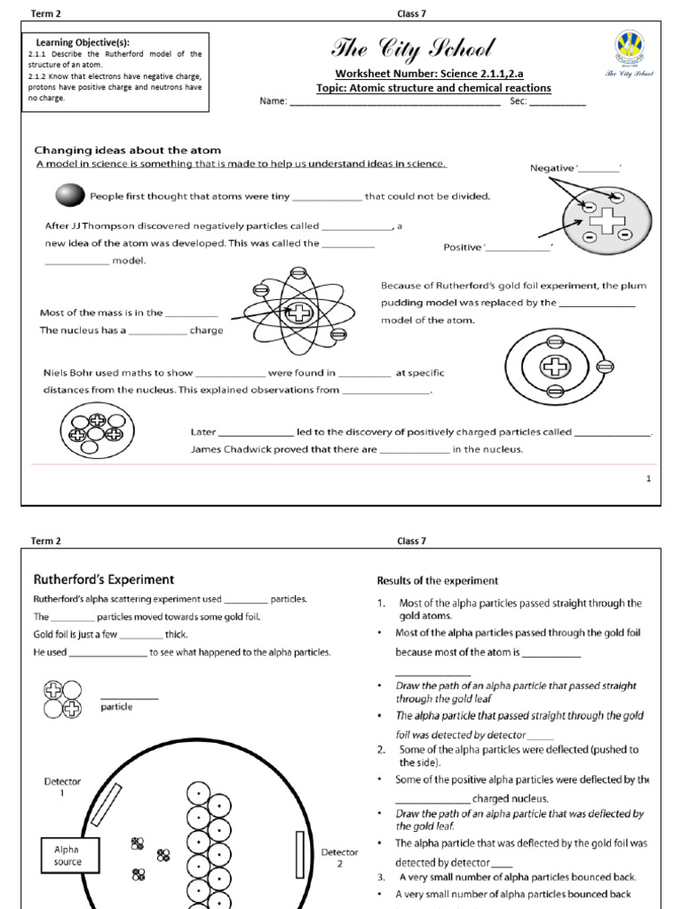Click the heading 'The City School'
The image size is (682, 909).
point(412,49)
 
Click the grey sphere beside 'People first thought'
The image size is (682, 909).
point(69,195)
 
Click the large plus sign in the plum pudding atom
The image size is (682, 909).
point(607,218)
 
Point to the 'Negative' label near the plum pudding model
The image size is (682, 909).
point(552,168)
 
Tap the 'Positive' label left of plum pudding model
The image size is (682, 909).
point(462,247)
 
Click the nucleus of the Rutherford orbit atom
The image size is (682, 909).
point(300,312)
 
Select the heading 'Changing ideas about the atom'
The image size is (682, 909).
point(127,150)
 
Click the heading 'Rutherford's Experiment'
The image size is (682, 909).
point(104,580)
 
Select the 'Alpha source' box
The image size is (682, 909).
point(67,855)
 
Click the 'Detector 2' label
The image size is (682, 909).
point(339,858)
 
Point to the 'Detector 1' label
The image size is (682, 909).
point(62,787)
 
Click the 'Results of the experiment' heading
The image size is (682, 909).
point(438,581)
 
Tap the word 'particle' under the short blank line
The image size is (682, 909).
point(116,707)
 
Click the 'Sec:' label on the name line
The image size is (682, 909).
point(519,101)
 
